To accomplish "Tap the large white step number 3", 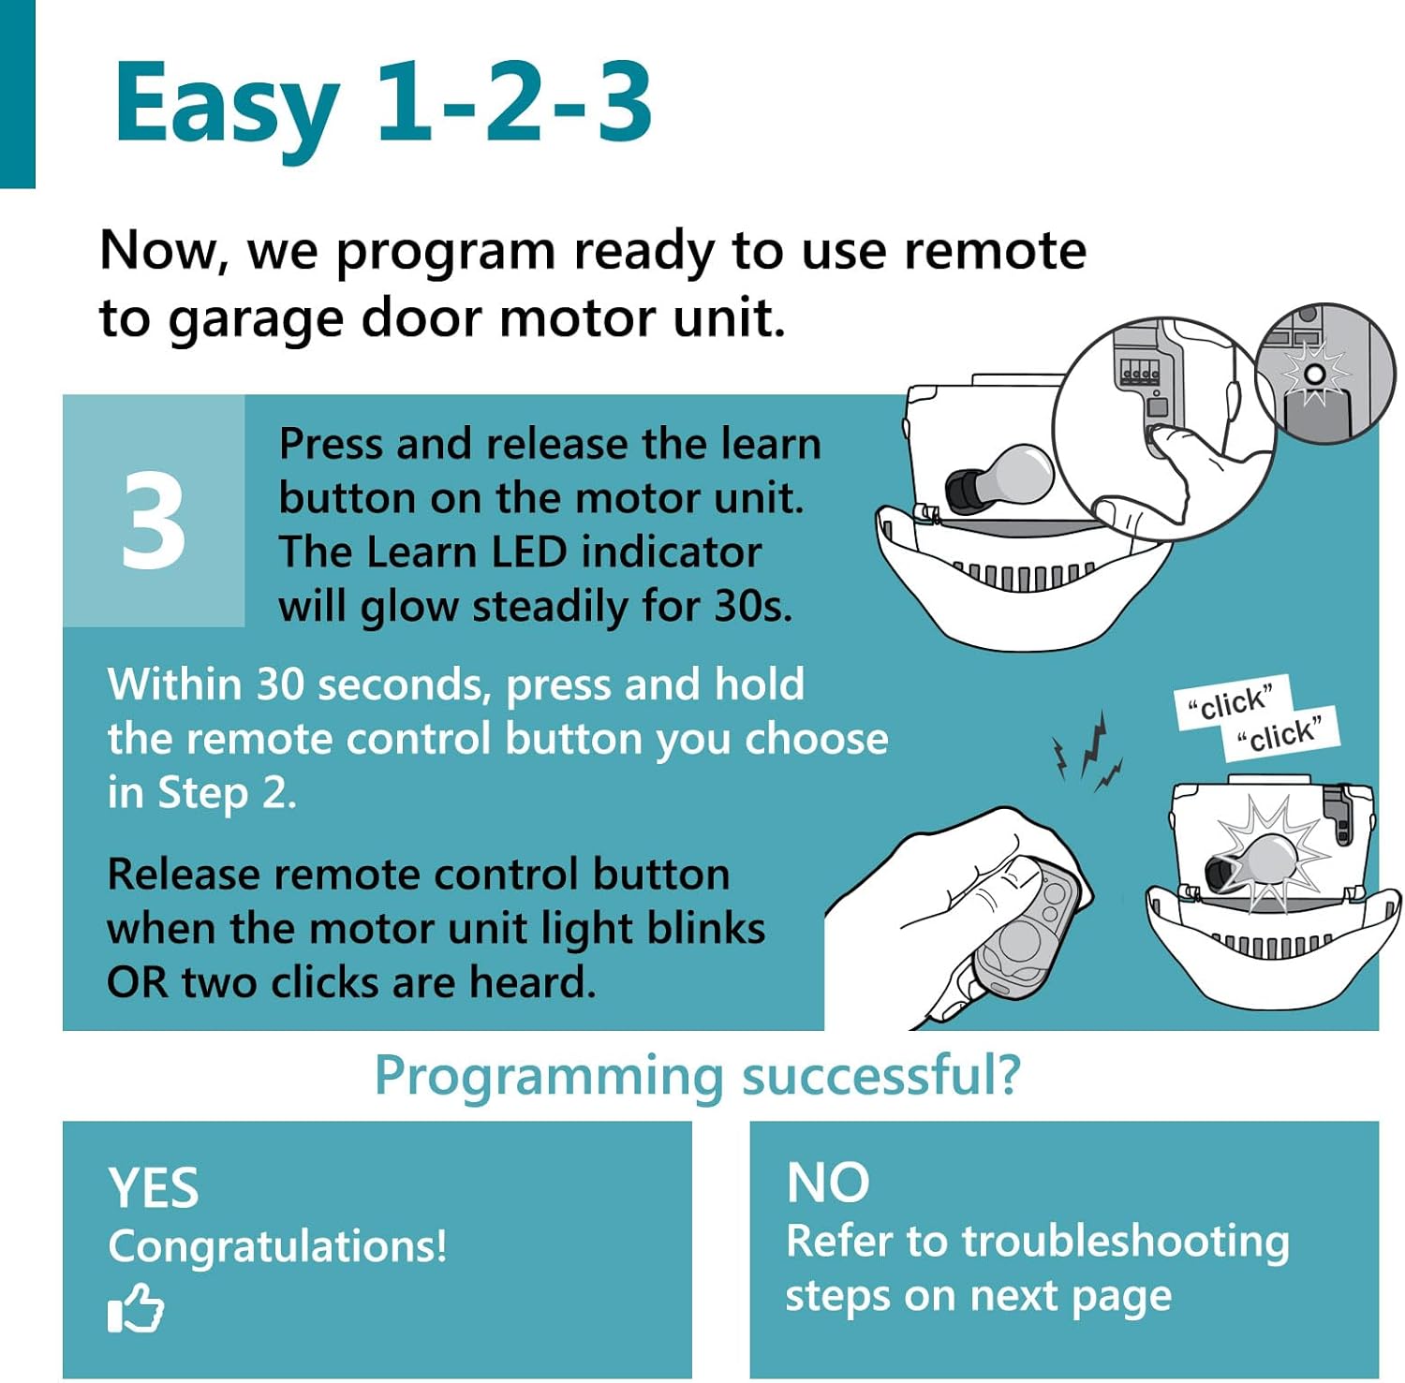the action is pyautogui.click(x=154, y=521).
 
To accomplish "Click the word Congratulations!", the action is pyautogui.click(x=277, y=1247).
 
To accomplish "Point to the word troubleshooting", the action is pyautogui.click(x=1126, y=1243).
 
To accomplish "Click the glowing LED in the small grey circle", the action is pyautogui.click(x=1314, y=375).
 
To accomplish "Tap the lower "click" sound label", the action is pyautogui.click(x=1281, y=732).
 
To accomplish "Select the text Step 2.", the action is pyautogui.click(x=227, y=794).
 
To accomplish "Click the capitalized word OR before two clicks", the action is pyautogui.click(x=138, y=983).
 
